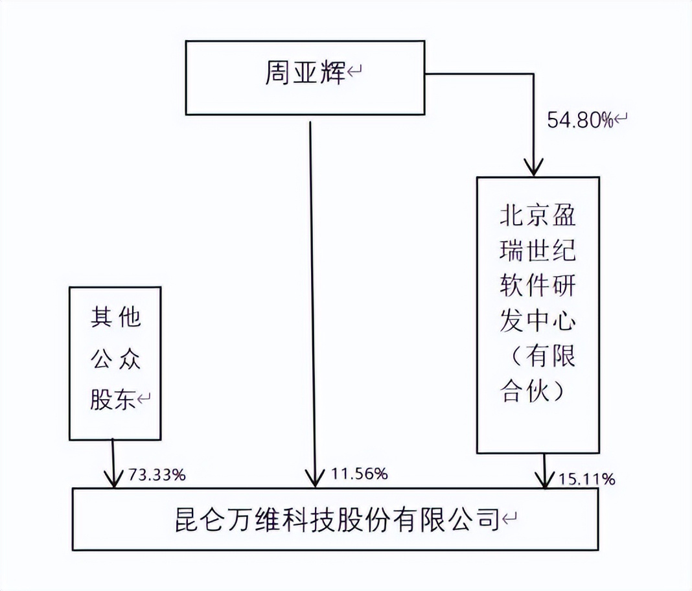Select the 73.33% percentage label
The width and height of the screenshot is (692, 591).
(x=157, y=475)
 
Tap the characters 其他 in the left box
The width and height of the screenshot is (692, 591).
(x=115, y=318)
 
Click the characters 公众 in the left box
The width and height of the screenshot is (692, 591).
(x=115, y=358)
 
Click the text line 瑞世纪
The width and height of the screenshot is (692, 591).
(x=537, y=251)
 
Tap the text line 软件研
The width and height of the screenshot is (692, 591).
(x=537, y=285)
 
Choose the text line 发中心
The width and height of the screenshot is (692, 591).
(x=537, y=321)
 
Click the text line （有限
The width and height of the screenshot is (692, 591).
(x=537, y=356)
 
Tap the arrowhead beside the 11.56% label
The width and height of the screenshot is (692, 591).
(x=314, y=480)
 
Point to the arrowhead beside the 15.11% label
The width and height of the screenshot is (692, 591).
(x=544, y=481)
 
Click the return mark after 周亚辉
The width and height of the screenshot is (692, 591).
(x=354, y=73)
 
